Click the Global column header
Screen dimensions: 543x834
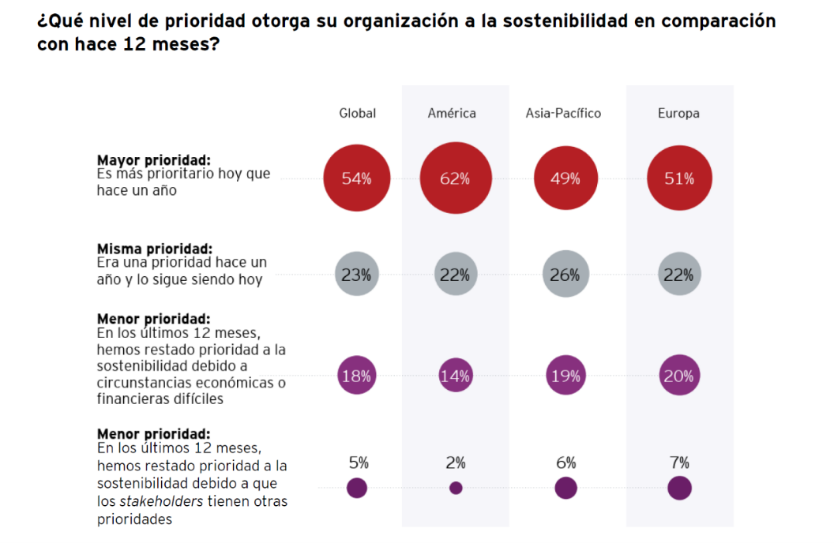357,113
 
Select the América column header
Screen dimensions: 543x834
452,113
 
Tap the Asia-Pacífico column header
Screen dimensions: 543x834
563,113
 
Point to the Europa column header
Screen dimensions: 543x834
678,113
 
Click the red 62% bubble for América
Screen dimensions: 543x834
456,178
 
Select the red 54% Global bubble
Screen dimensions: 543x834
357,178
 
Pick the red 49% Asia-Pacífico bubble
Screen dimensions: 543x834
565,178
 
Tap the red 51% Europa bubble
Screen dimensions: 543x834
679,178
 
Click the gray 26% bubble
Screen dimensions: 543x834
565,275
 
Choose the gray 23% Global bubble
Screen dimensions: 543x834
357,275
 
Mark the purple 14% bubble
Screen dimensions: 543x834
456,376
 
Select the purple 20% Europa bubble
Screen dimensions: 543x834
679,376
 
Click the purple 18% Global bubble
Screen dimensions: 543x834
357,376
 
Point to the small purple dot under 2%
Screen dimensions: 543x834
456,488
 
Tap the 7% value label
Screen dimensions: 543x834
679,462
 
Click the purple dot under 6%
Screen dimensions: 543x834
565,488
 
